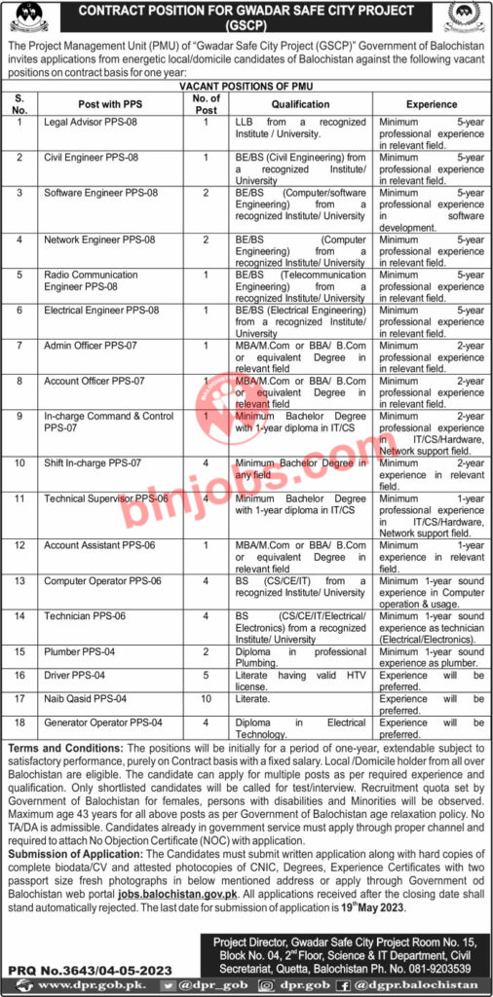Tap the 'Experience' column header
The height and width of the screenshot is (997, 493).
432,104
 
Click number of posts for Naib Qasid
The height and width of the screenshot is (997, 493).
205,698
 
